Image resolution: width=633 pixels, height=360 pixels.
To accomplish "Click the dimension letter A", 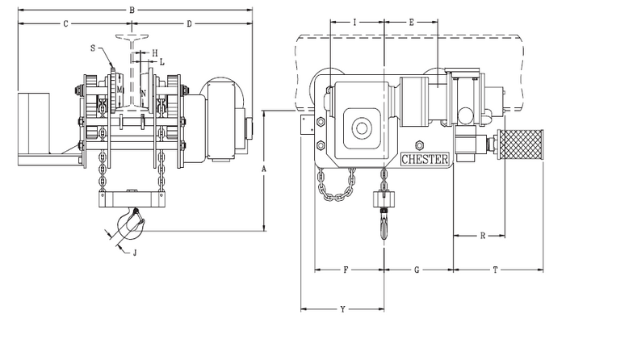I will pyautogui.click(x=263, y=170).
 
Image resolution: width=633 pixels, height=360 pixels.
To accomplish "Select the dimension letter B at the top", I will pyautogui.click(x=132, y=10).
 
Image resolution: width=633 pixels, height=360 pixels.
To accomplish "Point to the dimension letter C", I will pyautogui.click(x=65, y=24).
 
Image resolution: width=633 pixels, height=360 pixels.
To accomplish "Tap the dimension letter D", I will pyautogui.click(x=189, y=24).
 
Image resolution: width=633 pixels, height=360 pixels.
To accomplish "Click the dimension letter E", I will pyautogui.click(x=411, y=23).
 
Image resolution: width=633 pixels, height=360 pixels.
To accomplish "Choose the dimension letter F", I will pyautogui.click(x=346, y=270).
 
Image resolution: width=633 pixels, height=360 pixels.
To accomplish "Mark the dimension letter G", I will pyautogui.click(x=417, y=270).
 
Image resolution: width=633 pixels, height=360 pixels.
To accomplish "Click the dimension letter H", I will pyautogui.click(x=155, y=52).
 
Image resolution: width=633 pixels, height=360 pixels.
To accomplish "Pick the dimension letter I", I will pyautogui.click(x=355, y=23).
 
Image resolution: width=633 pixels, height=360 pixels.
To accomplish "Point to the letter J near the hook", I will pyautogui.click(x=135, y=253).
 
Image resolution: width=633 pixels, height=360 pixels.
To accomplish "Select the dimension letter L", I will pyautogui.click(x=161, y=61).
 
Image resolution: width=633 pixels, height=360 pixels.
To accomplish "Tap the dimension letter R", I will pyautogui.click(x=482, y=237).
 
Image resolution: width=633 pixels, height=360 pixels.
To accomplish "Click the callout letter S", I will pyautogui.click(x=94, y=48).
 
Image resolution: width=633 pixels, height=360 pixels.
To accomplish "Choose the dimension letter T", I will pyautogui.click(x=494, y=270).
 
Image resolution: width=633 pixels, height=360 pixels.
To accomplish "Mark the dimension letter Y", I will pyautogui.click(x=343, y=309).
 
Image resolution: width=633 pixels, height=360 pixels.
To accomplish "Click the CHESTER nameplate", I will pyautogui.click(x=425, y=159).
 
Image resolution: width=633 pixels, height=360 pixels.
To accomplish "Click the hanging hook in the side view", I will pyautogui.click(x=383, y=222).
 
